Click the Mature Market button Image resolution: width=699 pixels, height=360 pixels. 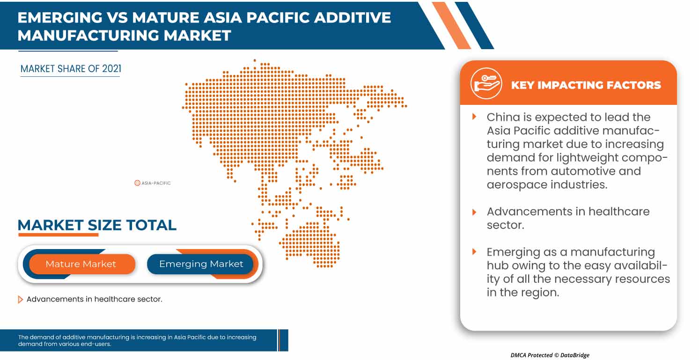pos(81,264)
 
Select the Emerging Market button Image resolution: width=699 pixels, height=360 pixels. pos(201,264)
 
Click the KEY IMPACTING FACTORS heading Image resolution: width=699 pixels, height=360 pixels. pos(586,85)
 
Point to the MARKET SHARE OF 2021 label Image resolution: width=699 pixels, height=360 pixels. pos(71,69)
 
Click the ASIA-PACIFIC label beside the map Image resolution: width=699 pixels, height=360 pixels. pos(156,183)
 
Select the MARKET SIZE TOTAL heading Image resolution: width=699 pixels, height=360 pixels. pos(97,225)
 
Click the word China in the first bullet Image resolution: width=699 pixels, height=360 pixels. pos(504,117)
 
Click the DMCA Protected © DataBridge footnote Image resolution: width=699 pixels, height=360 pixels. pos(550,355)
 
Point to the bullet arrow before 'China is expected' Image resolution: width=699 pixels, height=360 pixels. pos(474,117)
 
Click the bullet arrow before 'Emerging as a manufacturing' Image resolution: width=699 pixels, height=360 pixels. pos(474,252)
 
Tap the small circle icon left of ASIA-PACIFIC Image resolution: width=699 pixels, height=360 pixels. pos(137,183)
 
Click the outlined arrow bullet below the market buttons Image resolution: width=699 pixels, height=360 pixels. pos(20,300)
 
